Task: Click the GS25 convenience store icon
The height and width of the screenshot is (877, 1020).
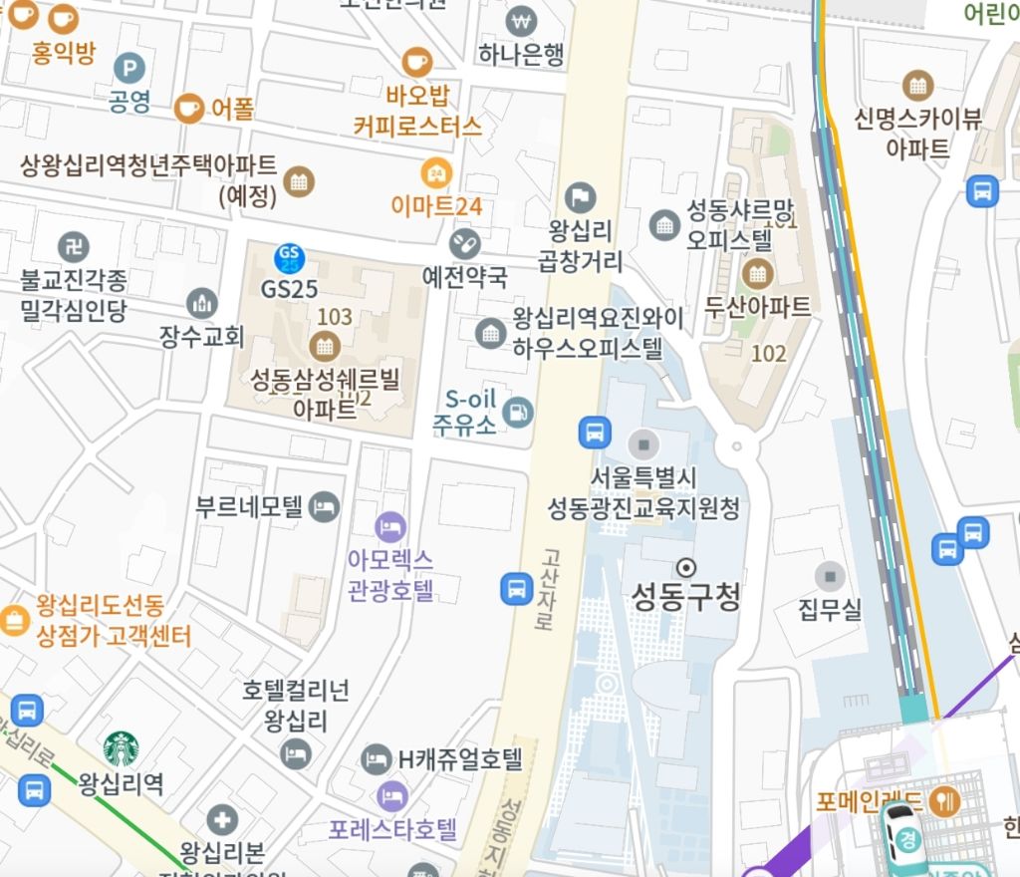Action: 289,259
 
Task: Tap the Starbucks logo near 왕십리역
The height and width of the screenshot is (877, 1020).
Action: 122,748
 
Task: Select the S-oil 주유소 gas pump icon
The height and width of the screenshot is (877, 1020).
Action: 518,411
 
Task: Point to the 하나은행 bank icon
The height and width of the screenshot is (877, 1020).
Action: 520,21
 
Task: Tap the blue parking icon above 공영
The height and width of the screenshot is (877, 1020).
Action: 129,68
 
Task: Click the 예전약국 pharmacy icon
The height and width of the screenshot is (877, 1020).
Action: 464,242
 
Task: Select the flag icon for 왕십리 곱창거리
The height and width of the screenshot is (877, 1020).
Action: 580,197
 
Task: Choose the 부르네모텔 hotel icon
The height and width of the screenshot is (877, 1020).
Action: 325,506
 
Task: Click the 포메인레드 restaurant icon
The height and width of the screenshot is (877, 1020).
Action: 943,800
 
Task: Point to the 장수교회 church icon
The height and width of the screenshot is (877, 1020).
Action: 201,303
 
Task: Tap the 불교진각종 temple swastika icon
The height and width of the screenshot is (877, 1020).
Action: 73,245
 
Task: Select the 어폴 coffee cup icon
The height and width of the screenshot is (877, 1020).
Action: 188,108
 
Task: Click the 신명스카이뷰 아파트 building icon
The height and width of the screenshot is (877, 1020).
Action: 916,86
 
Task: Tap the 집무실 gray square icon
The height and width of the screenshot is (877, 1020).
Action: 830,576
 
